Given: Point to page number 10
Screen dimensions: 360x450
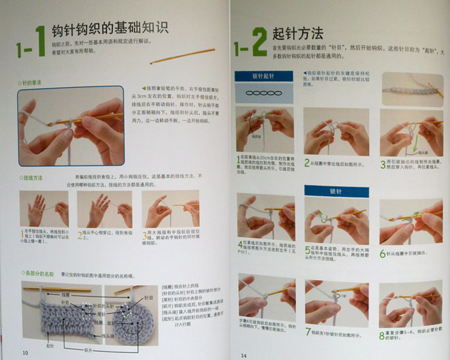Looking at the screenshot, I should [x=25, y=352].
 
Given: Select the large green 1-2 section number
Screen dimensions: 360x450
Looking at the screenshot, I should [x=251, y=43].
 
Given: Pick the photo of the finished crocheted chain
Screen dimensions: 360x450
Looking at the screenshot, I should [x=412, y=88].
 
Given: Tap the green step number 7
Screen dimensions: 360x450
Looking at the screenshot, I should [x=307, y=332].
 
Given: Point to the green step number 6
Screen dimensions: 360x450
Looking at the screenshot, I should [x=382, y=254].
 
